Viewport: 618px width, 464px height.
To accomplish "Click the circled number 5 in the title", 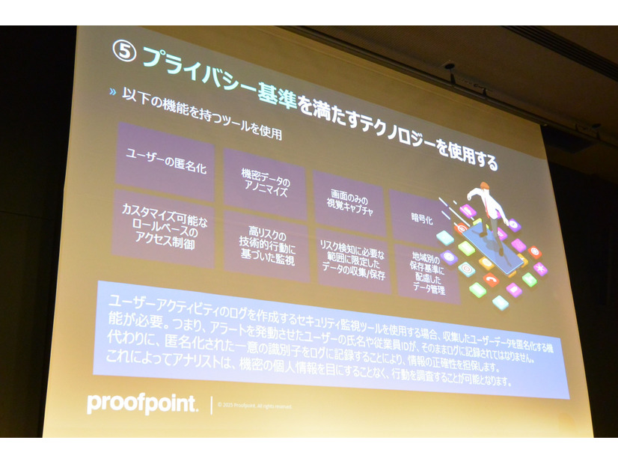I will click(123, 51).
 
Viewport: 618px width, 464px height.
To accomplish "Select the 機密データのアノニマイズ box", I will click(264, 183).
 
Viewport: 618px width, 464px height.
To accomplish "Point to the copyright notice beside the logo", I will click(254, 406).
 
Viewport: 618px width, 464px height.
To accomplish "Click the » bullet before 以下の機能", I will click(112, 91).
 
